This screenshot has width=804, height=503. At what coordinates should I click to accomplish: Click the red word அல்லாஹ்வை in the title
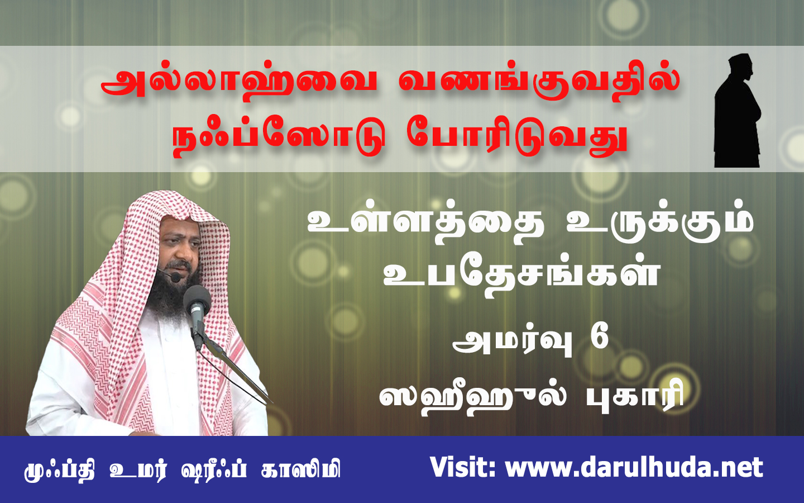239,86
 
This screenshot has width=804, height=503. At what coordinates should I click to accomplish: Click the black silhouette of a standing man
737,111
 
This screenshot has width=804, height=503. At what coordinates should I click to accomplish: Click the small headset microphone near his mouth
175,277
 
